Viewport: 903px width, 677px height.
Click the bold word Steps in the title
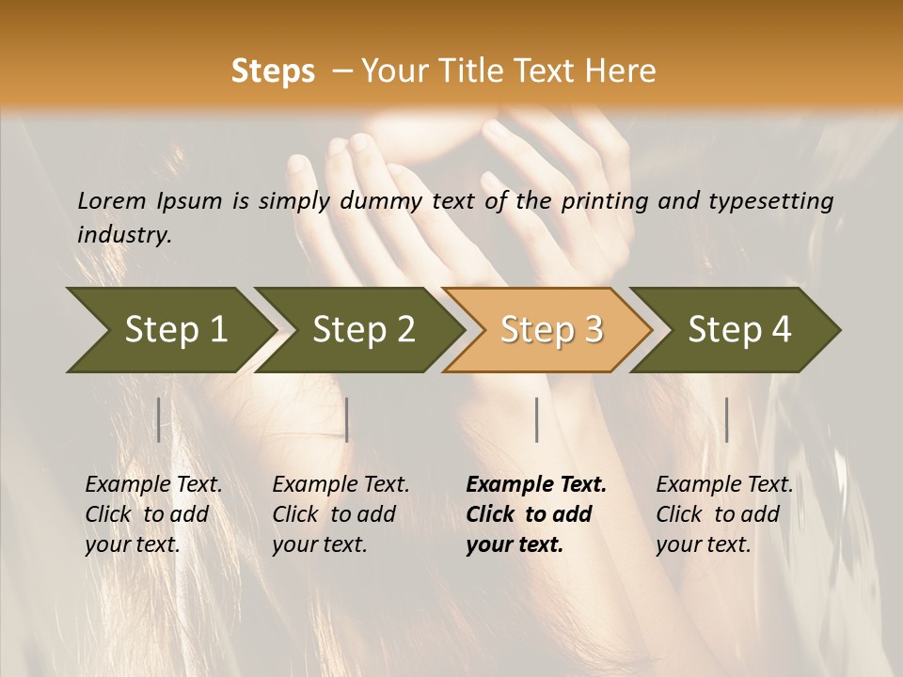(273, 71)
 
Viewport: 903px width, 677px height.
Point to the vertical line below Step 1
(159, 419)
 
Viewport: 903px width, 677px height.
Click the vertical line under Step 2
(347, 419)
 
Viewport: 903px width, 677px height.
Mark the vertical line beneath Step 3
(536, 419)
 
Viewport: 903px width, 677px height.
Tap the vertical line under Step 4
(726, 419)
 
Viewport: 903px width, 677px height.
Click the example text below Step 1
(153, 514)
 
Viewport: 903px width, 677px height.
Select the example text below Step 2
(341, 514)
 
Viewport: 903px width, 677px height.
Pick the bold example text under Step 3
(535, 514)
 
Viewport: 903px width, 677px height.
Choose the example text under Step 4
(724, 514)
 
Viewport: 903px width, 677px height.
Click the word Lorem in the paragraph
(112, 200)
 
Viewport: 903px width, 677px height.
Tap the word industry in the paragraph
(124, 234)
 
